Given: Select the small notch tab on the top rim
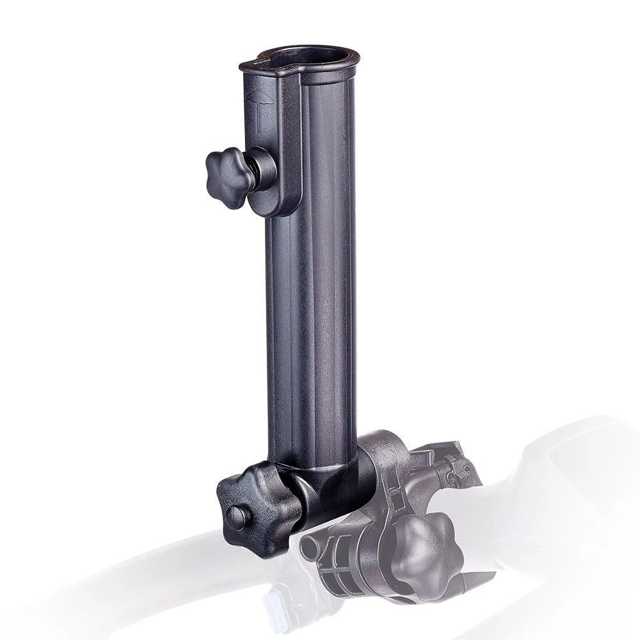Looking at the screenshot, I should tap(256, 64).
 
